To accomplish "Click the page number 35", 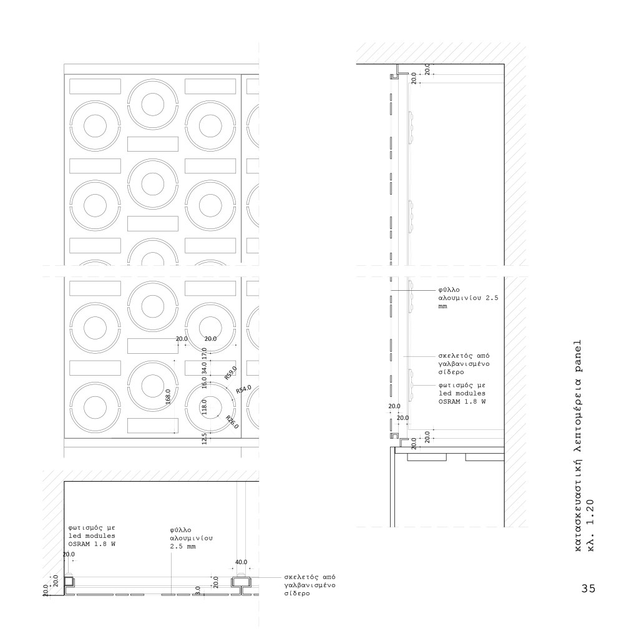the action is (588, 588).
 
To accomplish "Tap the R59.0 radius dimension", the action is (231, 373).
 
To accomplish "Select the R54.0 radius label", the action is (244, 389).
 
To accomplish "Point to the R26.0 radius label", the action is (232, 422).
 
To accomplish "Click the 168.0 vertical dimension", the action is (168, 396).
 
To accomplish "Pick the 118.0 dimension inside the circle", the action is (204, 406).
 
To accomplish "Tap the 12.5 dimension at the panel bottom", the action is (204, 438).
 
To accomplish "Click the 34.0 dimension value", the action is (204, 368).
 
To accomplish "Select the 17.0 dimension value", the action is (204, 353).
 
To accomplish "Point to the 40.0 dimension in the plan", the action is (241, 562).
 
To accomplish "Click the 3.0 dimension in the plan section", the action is (198, 589).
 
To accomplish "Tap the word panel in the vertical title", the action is (578, 354).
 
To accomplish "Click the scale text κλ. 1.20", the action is (592, 525).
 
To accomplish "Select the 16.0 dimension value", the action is (204, 383).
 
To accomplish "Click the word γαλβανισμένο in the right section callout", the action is (464, 364).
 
